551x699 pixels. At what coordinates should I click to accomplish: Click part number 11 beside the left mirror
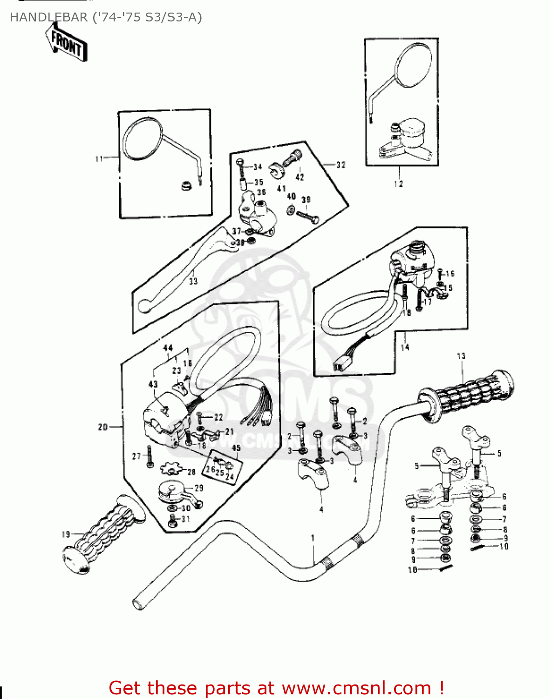99,159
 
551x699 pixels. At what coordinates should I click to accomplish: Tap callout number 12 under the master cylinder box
398,184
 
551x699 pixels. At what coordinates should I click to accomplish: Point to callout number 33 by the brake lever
193,281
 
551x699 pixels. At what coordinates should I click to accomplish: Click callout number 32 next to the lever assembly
341,164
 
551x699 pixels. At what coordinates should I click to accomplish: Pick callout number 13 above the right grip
461,356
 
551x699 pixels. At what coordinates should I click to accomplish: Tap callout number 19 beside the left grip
66,534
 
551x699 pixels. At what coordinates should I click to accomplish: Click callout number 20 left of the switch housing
103,426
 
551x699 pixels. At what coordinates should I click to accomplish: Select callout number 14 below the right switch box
405,347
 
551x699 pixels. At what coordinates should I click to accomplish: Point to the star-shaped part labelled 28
170,468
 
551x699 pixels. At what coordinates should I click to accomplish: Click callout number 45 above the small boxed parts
236,448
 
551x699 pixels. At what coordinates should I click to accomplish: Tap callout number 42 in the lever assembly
300,177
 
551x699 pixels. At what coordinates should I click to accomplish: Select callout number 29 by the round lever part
199,488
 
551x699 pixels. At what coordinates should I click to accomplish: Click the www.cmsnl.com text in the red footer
356,688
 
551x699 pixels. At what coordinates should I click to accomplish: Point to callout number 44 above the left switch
168,348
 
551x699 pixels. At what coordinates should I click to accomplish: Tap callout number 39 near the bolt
306,199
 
